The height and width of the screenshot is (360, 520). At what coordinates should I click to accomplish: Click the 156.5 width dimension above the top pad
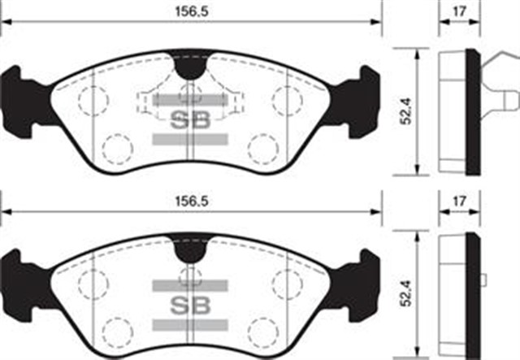189,12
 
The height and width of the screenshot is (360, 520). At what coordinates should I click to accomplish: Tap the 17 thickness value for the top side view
459,12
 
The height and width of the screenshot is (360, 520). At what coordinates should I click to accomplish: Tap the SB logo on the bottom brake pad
189,306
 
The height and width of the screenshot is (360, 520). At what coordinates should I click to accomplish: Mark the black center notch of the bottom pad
190,249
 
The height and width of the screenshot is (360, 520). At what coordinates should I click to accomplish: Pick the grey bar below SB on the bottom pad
189,325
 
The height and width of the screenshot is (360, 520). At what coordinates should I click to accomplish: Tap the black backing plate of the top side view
473,112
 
